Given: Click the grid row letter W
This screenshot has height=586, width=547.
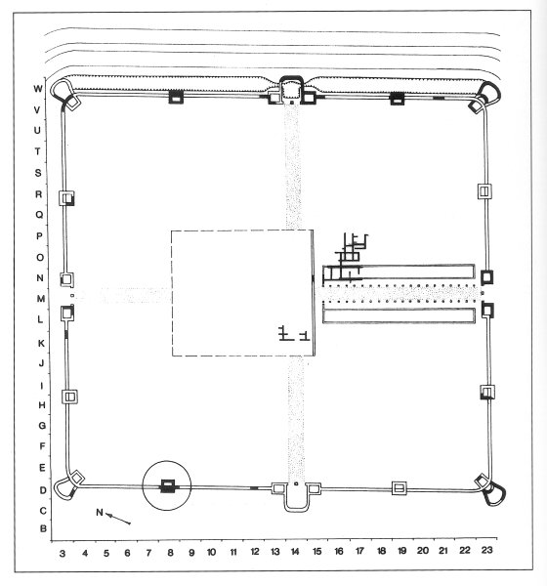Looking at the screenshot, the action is coord(38,89).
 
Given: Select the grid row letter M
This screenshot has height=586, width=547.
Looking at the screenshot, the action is coord(40,299).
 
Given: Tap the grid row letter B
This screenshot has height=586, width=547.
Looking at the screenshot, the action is coord(43,528).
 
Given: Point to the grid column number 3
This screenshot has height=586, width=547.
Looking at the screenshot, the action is coord(63,553).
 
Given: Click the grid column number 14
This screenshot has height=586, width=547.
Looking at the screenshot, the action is coord(295,551).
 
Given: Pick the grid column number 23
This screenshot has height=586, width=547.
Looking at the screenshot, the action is coord(486,550).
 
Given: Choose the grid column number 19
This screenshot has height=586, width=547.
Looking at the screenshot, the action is coord(401,551).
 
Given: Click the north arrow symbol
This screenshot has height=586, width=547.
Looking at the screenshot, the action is coord(118,519).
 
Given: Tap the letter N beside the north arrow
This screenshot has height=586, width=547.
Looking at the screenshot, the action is coord(100,512).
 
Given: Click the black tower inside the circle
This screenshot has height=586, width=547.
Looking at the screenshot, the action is coord(167,485).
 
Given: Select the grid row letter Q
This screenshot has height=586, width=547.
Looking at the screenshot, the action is coord(39,215).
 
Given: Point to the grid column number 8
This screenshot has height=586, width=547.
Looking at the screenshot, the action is coord(170,553).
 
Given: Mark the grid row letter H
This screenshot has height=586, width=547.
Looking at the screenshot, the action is coord(42,405).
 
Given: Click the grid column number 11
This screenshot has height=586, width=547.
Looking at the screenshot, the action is coord(233,552).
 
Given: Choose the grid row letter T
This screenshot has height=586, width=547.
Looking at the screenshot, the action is coord(37,151).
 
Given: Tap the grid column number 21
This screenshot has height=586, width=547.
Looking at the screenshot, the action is coord(443,550).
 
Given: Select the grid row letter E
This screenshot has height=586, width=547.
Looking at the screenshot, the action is coord(42,468).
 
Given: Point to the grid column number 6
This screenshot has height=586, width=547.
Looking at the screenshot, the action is coord(127,553).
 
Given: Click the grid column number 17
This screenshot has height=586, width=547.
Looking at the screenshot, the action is coord(359,551).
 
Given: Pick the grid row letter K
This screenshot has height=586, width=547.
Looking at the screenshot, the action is coord(41,343).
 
